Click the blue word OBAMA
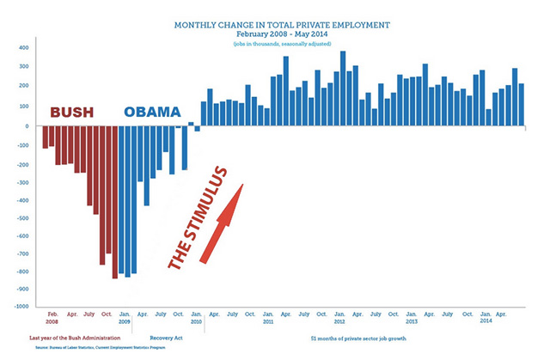(152, 113)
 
